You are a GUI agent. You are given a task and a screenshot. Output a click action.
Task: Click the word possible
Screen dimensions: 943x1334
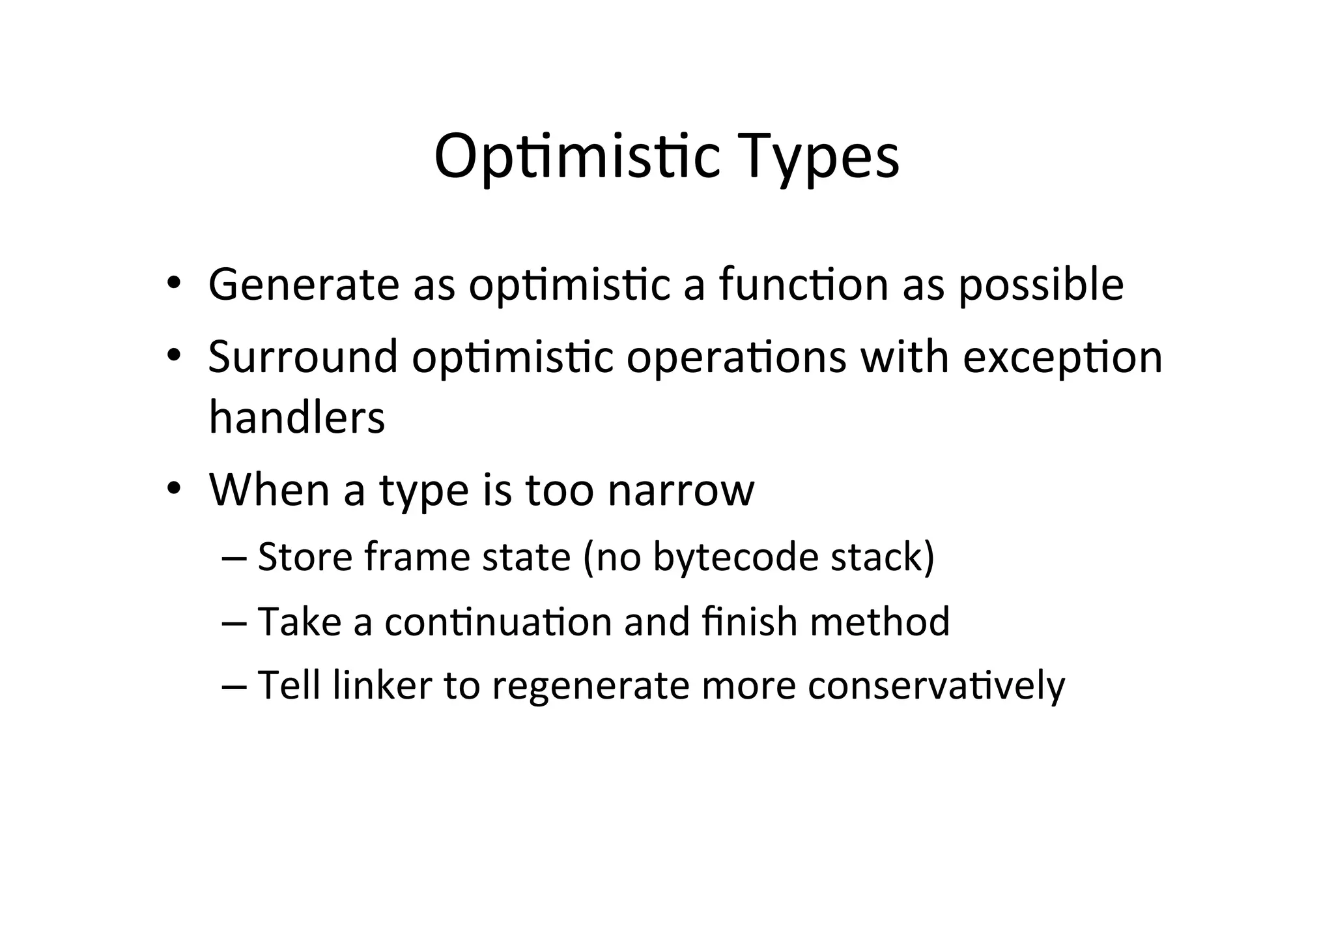1042,285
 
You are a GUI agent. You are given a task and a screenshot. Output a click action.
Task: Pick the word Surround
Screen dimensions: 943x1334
303,357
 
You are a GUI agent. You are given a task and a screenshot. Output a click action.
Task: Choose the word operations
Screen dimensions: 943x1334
736,357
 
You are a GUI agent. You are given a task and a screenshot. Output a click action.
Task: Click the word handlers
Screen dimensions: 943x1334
297,417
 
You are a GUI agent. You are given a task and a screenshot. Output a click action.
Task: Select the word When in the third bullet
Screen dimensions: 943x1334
269,489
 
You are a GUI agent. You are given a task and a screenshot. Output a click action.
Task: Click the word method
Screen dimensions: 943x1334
880,622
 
